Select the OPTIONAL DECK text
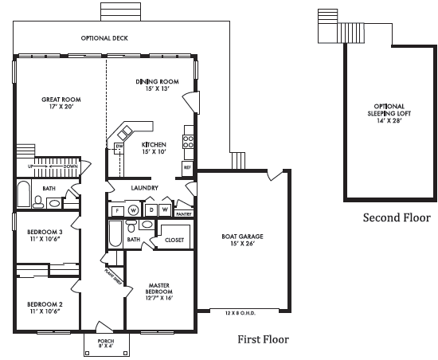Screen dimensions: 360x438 point(104,37)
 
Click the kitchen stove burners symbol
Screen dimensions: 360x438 point(189,141)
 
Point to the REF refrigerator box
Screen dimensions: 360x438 point(187,167)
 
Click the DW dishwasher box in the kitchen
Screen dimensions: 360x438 point(119,147)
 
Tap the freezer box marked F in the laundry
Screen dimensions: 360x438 point(117,209)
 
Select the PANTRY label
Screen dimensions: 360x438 point(183,213)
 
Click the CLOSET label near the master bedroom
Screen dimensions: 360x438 point(174,239)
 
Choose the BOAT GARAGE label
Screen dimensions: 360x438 point(242,240)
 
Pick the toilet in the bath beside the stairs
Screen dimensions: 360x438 point(53,203)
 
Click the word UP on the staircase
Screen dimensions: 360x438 point(30,166)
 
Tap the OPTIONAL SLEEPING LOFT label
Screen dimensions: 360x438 point(389,114)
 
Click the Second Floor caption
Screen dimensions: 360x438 point(396,217)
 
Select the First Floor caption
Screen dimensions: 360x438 point(263,339)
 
